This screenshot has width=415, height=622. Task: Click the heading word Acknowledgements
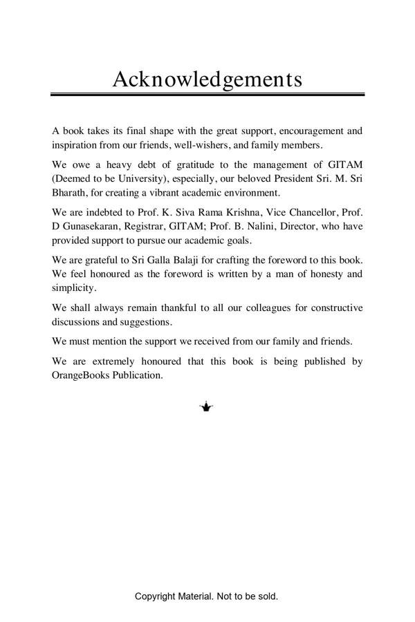[x=207, y=79]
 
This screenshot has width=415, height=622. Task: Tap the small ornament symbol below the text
[x=206, y=407]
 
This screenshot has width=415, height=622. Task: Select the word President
[x=288, y=178]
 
